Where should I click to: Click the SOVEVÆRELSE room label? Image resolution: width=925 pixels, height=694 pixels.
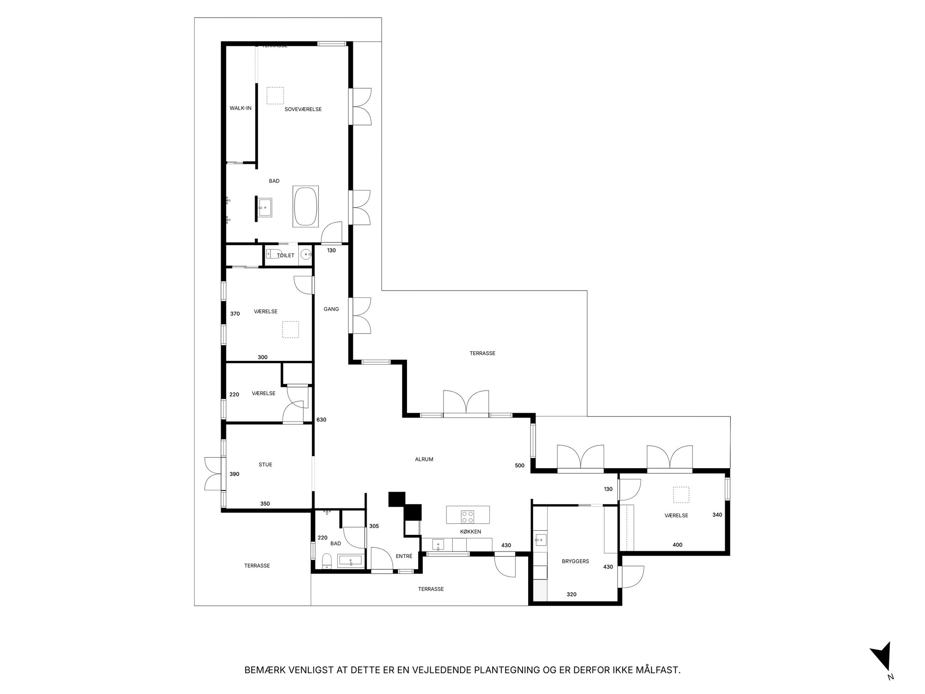pyautogui.click(x=303, y=109)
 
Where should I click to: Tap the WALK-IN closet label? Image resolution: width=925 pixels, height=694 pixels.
pyautogui.click(x=240, y=108)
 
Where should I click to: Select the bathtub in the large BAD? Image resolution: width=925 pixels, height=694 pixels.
pyautogui.click(x=306, y=206)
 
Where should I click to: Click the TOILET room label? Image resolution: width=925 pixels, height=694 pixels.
pyautogui.click(x=285, y=255)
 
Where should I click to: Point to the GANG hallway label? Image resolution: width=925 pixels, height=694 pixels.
pyautogui.click(x=331, y=309)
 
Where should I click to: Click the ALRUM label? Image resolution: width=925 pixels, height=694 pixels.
pyautogui.click(x=424, y=459)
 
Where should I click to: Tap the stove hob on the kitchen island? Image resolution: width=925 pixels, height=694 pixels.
pyautogui.click(x=467, y=515)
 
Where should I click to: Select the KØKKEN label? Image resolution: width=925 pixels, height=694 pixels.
pyautogui.click(x=470, y=532)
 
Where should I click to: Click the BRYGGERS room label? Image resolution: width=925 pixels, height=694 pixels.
pyautogui.click(x=575, y=561)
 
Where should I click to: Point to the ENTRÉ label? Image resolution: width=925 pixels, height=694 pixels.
pyautogui.click(x=404, y=556)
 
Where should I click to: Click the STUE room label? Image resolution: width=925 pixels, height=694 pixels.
pyautogui.click(x=265, y=465)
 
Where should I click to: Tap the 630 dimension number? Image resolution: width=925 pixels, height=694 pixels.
pyautogui.click(x=321, y=420)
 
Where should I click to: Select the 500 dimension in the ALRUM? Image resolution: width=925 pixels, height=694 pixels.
pyautogui.click(x=519, y=465)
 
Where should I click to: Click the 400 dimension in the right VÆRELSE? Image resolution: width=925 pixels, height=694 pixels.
pyautogui.click(x=678, y=545)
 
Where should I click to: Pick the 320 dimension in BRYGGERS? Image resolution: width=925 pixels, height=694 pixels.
pyautogui.click(x=572, y=595)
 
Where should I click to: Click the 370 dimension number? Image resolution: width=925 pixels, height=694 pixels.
pyautogui.click(x=235, y=314)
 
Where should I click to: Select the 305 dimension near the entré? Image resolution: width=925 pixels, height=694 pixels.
pyautogui.click(x=374, y=526)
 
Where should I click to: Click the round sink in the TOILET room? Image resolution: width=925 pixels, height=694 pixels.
pyautogui.click(x=305, y=254)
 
